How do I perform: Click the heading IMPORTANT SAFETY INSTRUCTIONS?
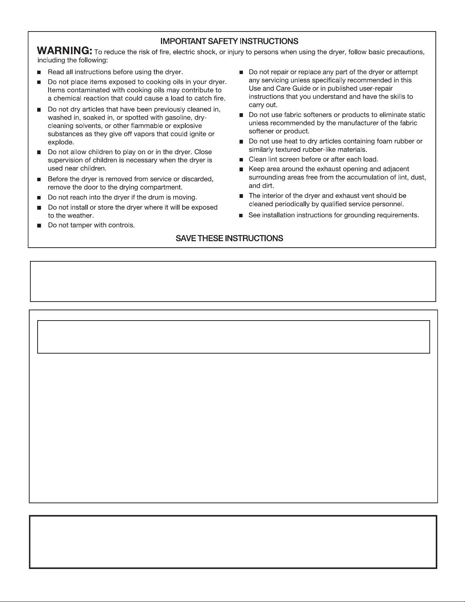coord(229,41)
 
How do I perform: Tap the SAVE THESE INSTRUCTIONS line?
coord(229,239)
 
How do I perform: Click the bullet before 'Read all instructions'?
coord(39,72)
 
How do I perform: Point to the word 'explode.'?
coord(61,142)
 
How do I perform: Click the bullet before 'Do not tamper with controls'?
coord(39,226)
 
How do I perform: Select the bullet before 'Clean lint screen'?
coord(241,160)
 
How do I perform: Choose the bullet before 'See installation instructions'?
coord(241,216)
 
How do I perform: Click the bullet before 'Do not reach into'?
coord(39,198)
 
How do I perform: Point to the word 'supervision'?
coord(67,160)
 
